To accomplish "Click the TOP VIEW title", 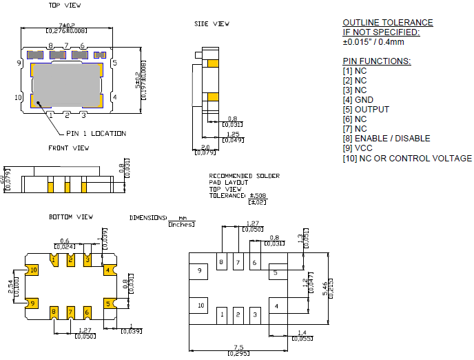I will tap(65, 6).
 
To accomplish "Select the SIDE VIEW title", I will tap(212, 23).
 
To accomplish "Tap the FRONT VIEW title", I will tap(68, 148).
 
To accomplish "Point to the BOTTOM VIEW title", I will tap(71, 217).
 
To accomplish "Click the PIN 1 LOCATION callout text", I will tap(96, 133).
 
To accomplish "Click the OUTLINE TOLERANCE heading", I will tap(388, 23).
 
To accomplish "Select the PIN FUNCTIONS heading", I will tap(376, 61).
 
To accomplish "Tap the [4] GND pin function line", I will tap(358, 100).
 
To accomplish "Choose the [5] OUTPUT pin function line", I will tap(366, 110).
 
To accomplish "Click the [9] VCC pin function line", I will tap(358, 148).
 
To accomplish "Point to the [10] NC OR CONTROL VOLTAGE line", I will tap(407, 159).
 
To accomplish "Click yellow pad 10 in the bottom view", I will tap(32, 270).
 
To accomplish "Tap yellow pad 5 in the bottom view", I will tap(108, 302).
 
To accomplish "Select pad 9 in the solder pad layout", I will tap(200, 272).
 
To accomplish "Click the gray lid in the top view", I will tap(68, 83).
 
